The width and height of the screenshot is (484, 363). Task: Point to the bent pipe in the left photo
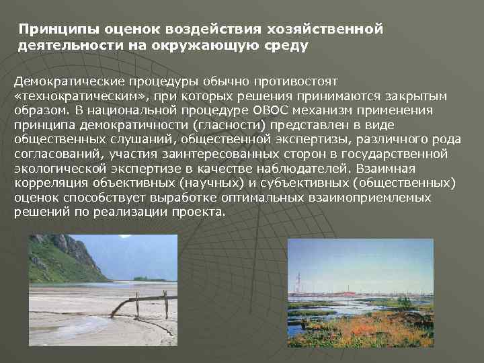pyautogui.click(x=128, y=304)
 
